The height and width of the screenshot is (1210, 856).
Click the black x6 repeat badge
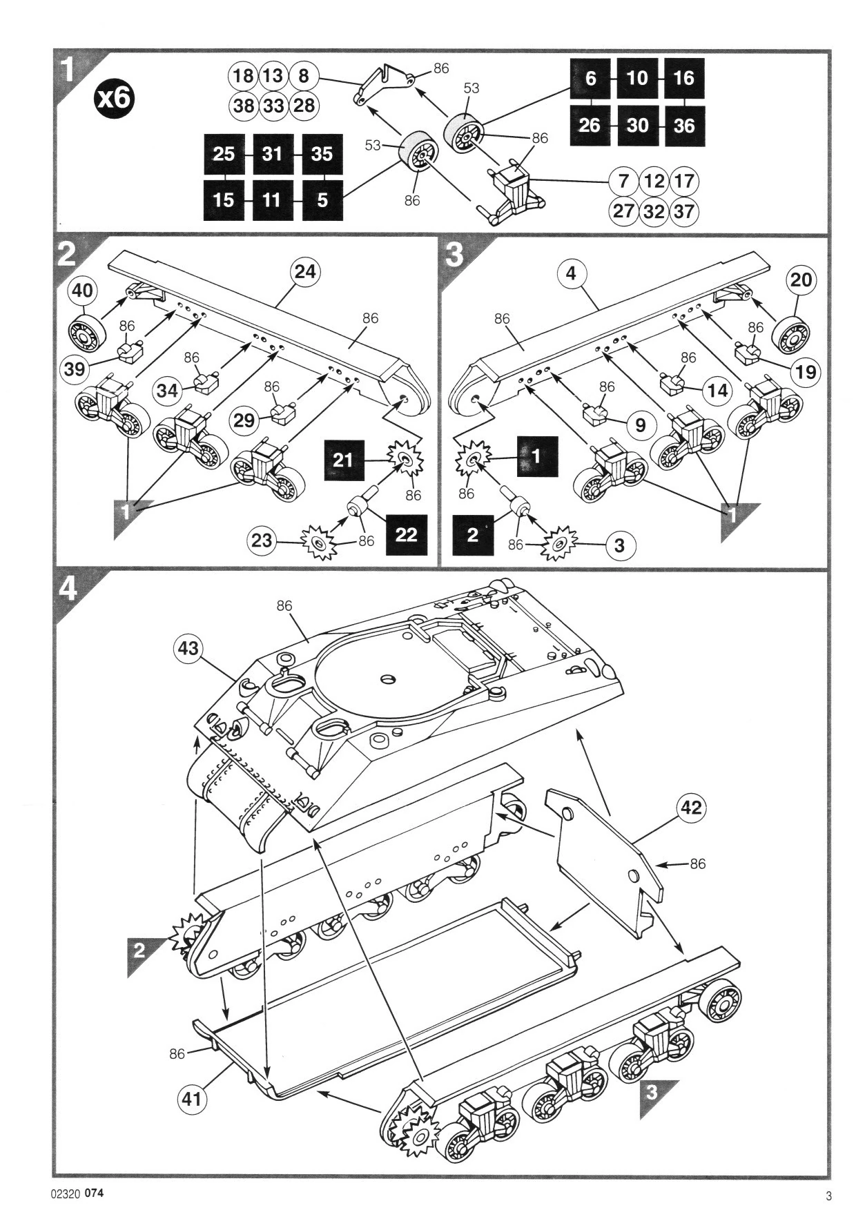coord(115,98)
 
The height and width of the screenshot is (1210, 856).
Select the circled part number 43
coord(188,648)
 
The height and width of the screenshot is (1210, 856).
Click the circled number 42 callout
coord(691,808)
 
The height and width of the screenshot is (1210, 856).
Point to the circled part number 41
coord(193,1096)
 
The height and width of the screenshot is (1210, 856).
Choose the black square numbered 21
coord(344,459)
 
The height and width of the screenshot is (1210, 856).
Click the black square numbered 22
coord(406,534)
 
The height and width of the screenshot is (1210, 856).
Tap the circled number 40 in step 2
coord(83,291)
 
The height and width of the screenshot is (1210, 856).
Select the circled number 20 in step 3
coord(801,280)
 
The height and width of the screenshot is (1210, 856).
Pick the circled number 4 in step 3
coord(570,274)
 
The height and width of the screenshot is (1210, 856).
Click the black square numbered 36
coord(684,126)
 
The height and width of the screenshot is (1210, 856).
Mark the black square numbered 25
coord(224,154)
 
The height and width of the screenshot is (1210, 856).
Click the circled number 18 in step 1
coord(243,75)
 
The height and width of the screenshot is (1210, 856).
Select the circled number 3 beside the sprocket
coord(620,545)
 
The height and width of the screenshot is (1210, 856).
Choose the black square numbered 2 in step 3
coord(473,535)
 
